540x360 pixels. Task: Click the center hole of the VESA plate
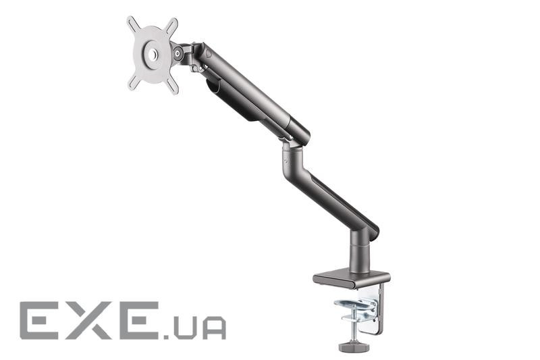(x=153, y=53)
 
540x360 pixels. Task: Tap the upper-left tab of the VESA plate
(x=132, y=23)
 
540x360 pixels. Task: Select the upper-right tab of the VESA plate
(x=172, y=24)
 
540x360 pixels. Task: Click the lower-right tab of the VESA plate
(x=173, y=86)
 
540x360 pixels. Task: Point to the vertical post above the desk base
(x=359, y=251)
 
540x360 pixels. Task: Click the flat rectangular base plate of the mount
(x=351, y=277)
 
